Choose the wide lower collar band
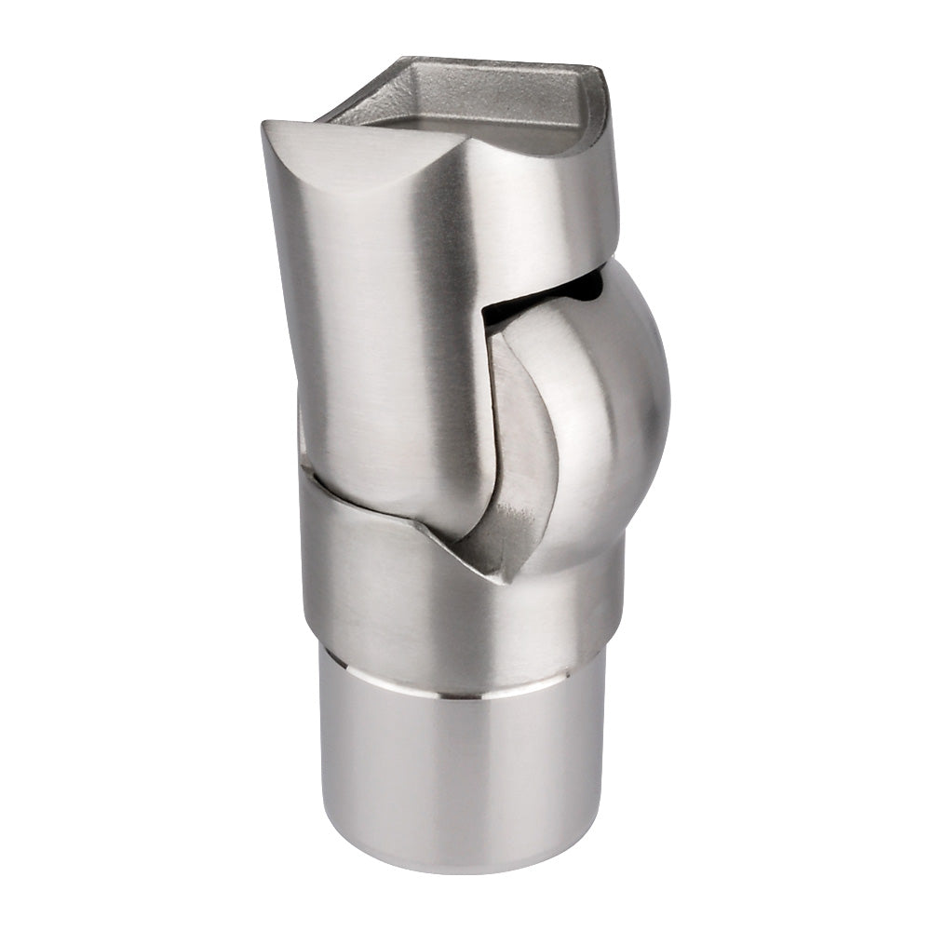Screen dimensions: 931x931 tap(419, 596)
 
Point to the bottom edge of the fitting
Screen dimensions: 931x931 tap(456, 870)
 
